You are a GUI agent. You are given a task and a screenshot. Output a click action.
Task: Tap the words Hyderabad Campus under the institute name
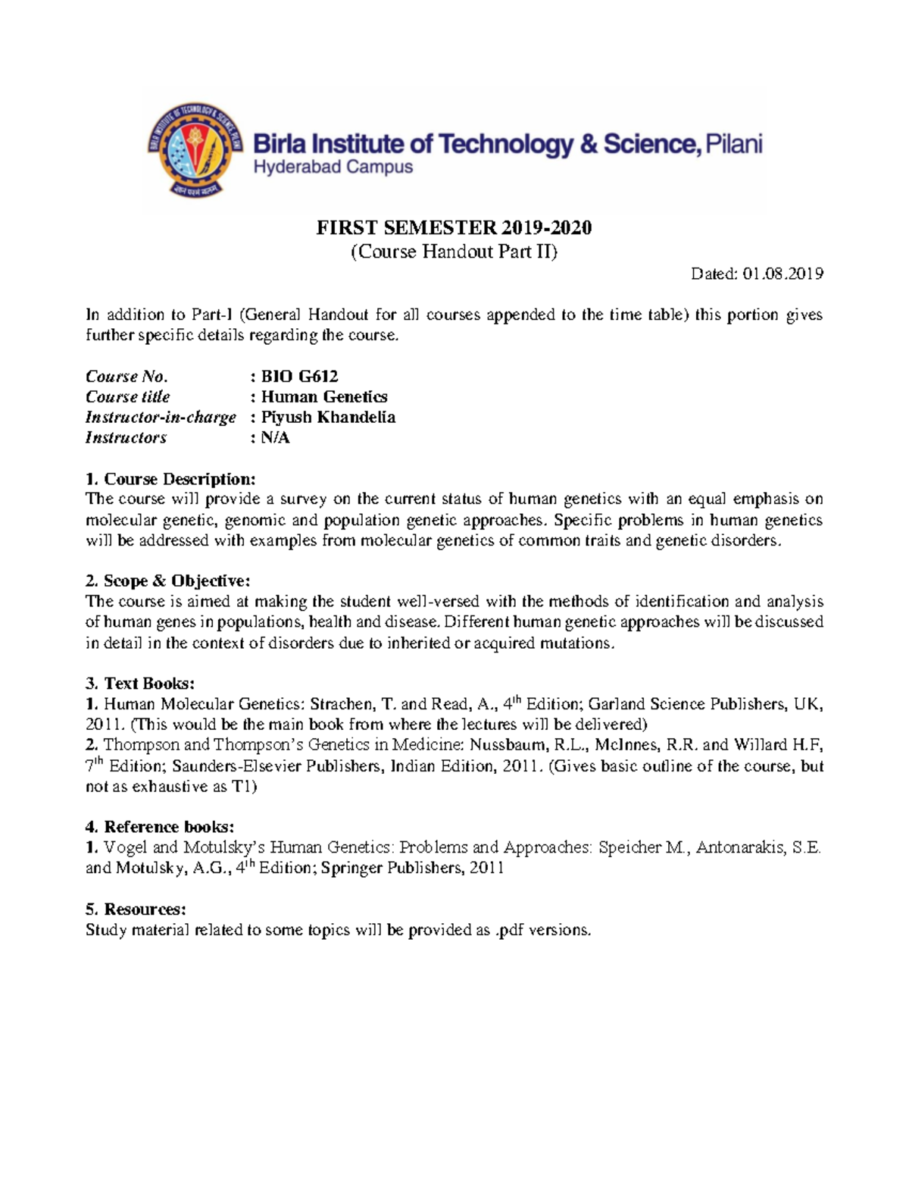point(333,167)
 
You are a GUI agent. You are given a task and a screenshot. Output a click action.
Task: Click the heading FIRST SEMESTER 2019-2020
point(454,227)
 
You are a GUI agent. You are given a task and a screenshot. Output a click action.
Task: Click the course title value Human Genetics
point(324,397)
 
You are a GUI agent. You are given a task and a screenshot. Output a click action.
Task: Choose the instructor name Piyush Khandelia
point(328,418)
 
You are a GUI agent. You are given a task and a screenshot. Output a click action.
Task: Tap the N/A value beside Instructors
point(275,438)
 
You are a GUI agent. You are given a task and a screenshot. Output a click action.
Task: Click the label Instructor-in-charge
point(161,418)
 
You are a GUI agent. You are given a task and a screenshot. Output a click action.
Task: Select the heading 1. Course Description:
point(171,479)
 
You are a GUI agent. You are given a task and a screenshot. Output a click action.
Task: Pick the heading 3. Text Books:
point(140,684)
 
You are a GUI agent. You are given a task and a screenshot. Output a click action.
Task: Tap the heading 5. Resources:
point(136,909)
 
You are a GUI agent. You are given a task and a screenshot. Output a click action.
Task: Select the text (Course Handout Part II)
point(454,252)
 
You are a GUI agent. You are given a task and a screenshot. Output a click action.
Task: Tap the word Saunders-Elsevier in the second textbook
point(238,766)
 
